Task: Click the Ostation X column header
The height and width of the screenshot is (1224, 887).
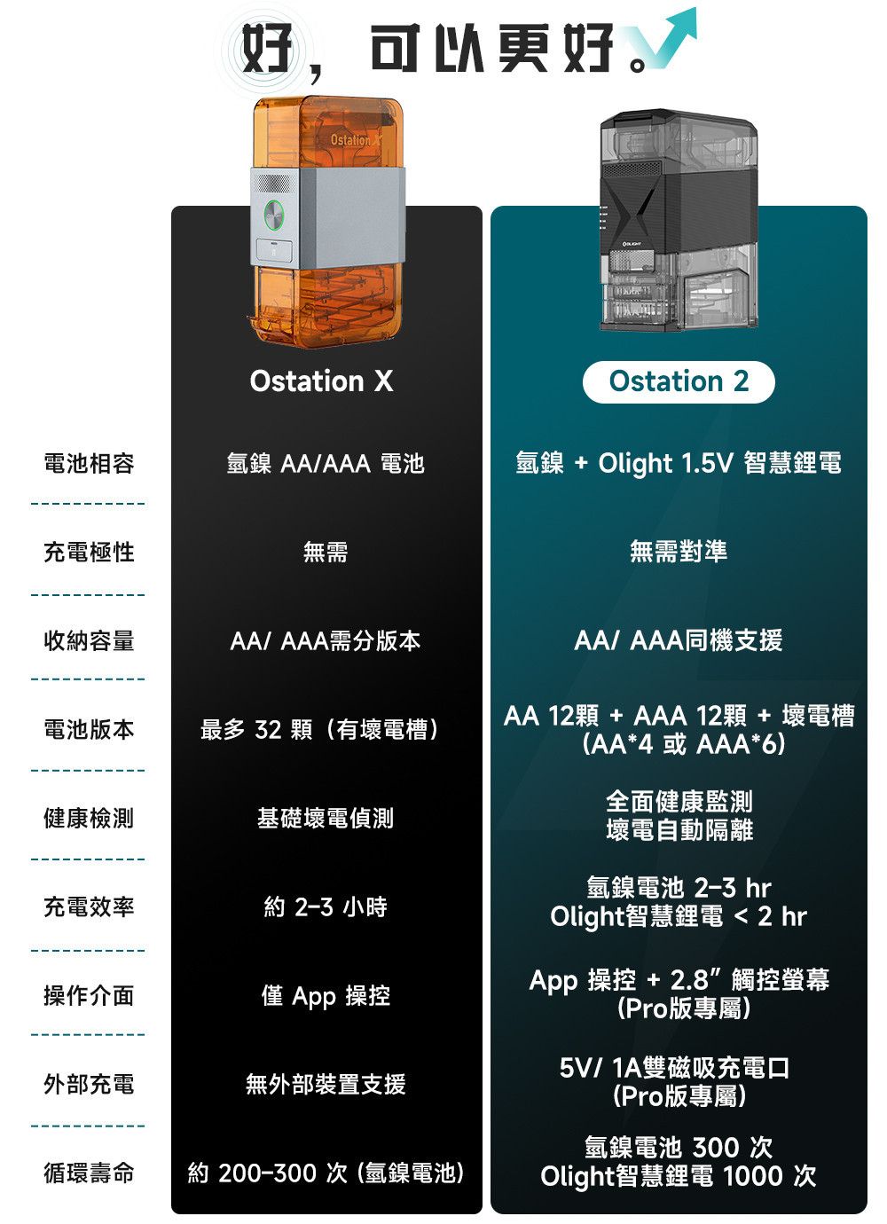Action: point(321,381)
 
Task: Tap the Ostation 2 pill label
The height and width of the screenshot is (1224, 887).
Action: point(679,382)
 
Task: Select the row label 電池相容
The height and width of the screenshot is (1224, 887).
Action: point(89,463)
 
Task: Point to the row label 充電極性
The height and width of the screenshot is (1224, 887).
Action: point(89,552)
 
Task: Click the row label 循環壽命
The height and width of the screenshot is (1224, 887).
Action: point(89,1173)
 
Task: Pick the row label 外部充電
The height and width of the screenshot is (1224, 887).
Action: point(89,1084)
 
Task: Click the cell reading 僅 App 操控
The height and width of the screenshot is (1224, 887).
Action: point(326,996)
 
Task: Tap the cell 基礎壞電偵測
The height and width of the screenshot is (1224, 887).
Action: point(326,818)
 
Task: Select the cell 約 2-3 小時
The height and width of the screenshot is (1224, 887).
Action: point(326,906)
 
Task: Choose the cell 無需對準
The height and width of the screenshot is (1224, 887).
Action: point(679,552)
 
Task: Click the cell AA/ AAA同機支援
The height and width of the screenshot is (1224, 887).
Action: point(679,640)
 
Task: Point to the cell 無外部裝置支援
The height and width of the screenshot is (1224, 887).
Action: point(326,1084)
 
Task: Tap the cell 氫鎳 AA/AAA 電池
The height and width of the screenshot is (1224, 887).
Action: point(326,463)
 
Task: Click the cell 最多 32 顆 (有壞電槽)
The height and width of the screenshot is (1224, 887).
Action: point(321,730)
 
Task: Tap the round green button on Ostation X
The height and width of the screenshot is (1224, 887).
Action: point(272,213)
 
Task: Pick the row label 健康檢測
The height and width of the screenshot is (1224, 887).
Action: point(89,818)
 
